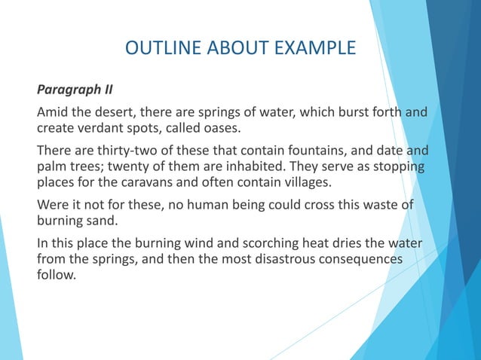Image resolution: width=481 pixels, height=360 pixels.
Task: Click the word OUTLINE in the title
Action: [155, 49]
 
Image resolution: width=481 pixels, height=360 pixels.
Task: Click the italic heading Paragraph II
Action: [75, 90]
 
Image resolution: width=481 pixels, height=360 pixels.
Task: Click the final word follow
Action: [57, 274]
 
